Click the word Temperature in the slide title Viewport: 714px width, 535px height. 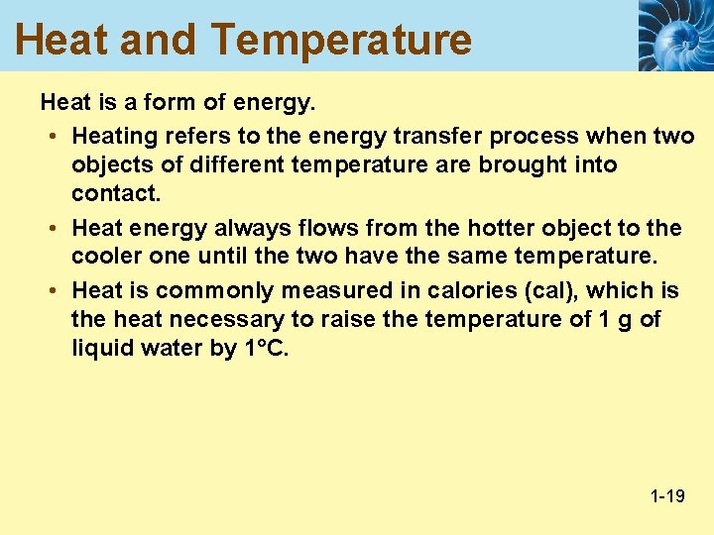click(341, 40)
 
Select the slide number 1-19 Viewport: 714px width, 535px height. click(667, 495)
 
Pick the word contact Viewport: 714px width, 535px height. click(116, 192)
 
